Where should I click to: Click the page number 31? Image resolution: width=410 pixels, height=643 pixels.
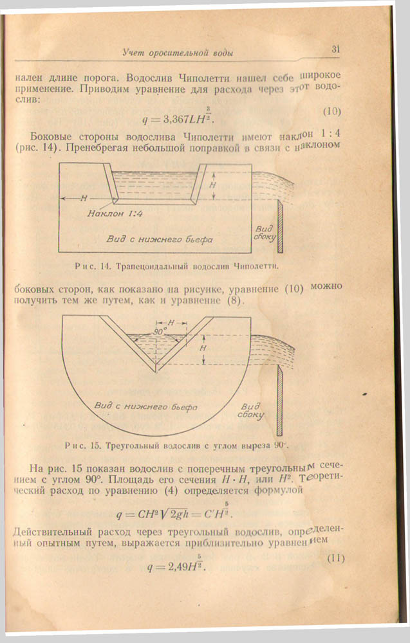point(335,48)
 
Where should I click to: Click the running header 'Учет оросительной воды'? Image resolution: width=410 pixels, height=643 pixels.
point(178,52)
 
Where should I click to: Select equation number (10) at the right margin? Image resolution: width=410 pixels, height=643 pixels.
point(331,111)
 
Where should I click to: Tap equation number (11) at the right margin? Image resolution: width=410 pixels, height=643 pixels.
point(335,558)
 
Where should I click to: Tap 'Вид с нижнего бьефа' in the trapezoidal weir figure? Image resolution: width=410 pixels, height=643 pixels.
point(160,239)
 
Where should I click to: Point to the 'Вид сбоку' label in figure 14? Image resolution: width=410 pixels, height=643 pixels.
point(265,234)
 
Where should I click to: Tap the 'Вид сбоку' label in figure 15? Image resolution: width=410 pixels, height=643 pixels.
point(253,411)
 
